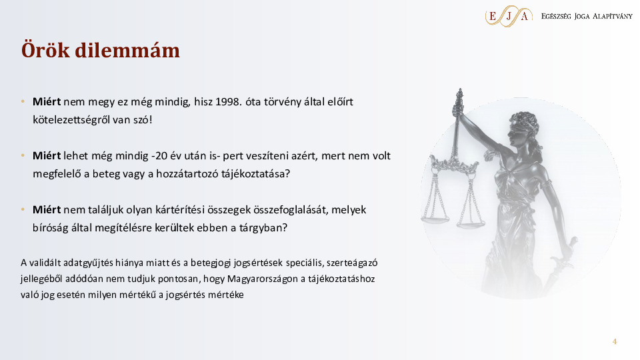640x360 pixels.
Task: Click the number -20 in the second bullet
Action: click(x=159, y=155)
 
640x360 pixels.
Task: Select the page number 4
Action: click(x=615, y=341)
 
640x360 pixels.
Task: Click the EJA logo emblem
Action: click(x=509, y=16)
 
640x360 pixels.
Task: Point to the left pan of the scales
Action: click(x=435, y=219)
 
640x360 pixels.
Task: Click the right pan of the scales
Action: click(x=471, y=223)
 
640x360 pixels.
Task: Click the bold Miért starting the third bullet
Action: click(x=47, y=209)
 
